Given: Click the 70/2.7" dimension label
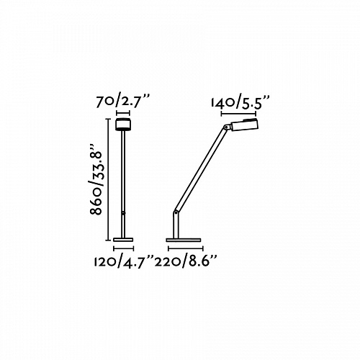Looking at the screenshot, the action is click(122, 102).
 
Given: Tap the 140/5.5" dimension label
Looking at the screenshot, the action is click(240, 103).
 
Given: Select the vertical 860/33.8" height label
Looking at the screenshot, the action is click(96, 179).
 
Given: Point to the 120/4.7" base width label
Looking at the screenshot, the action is click(124, 262).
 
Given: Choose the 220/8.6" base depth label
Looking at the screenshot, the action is click(186, 261).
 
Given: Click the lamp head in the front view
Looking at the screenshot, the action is click(123, 125).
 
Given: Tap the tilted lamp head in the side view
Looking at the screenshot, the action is click(244, 125).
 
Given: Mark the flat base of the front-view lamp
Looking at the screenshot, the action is click(123, 240).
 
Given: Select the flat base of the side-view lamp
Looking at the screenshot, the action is click(184, 240).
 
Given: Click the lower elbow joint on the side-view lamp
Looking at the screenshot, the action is click(176, 212).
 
